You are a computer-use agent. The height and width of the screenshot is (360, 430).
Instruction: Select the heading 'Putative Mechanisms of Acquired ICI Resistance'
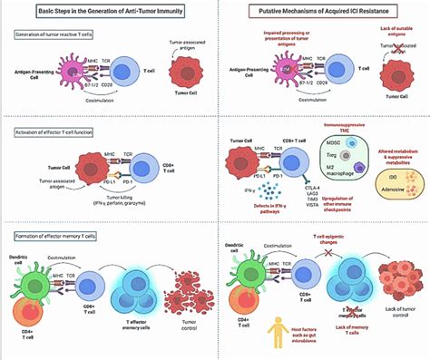(x=320, y=13)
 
